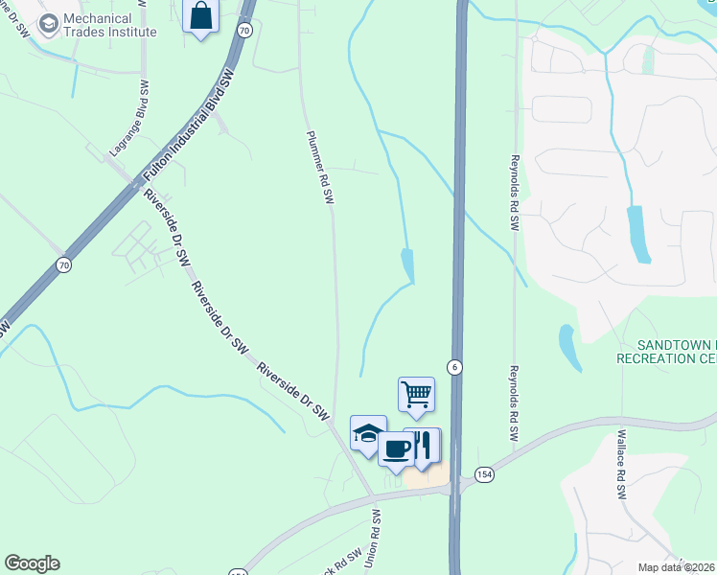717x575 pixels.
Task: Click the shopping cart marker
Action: pos(416,394)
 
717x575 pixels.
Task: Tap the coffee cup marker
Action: pos(397,448)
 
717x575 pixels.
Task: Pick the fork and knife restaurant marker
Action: pos(424,445)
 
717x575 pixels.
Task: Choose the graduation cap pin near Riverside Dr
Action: pos(368,433)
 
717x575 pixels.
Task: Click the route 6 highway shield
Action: pos(454,367)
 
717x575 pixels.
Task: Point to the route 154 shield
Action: pos(483,475)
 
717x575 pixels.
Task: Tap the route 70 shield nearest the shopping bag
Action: pos(245,31)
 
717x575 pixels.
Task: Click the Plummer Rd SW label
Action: pos(319,167)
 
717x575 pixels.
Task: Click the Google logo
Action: pos(32,563)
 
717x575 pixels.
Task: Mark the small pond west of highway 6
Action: pos(408,264)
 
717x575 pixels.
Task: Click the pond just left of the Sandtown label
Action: pos(568,347)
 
